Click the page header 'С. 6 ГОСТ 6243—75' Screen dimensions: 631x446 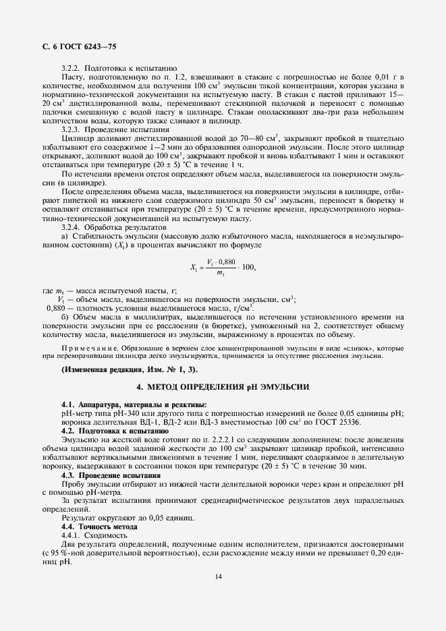click(79, 46)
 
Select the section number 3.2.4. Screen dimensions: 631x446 click(72, 228)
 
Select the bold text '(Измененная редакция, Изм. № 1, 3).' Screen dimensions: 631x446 click(129, 371)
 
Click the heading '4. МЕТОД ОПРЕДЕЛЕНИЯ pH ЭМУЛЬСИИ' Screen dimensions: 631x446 click(223, 388)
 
